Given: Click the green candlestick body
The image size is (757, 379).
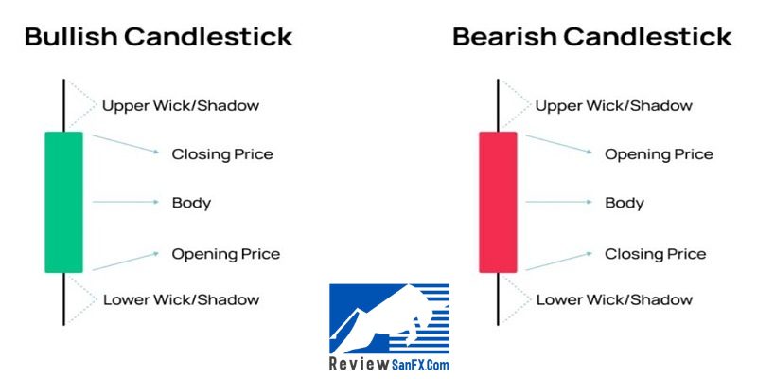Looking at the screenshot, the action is [63, 202].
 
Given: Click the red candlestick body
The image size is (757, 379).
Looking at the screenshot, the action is [498, 202].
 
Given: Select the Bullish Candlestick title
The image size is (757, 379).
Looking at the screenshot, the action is [159, 37].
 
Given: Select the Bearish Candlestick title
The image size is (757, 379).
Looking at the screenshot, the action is [592, 37].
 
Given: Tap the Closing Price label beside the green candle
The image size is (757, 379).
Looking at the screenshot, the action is [222, 154].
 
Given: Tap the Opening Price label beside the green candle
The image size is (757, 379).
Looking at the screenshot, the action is [225, 254].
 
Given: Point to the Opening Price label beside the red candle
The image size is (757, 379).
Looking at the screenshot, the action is [659, 154].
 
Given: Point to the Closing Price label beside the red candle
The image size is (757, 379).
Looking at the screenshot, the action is [655, 254].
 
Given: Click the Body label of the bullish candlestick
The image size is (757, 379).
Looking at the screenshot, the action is [191, 203].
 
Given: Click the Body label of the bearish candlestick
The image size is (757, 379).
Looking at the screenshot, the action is [625, 203].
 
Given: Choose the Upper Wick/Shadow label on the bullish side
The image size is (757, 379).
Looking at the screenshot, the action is [181, 105].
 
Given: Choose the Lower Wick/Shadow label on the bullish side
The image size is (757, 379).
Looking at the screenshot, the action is [181, 299].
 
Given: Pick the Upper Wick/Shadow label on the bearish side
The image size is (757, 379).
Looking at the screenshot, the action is [613, 105].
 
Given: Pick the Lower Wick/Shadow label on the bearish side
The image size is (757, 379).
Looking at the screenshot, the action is [614, 299].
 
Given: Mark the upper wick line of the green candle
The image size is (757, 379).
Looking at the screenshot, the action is [63, 105].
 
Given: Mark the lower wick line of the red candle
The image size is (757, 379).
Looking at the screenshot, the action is [498, 298].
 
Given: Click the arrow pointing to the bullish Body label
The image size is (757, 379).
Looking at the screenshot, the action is [125, 202].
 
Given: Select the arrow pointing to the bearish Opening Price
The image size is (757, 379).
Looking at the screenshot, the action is [558, 144].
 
